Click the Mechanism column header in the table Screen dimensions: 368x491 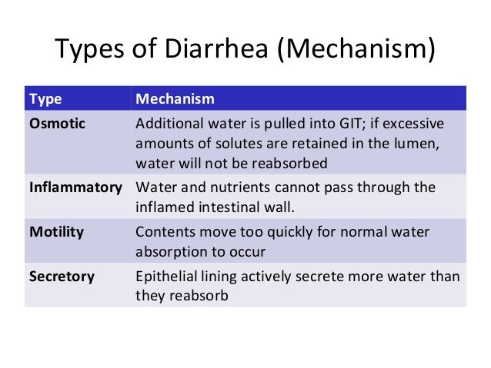click(175, 100)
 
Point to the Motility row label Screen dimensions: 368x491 click(54, 231)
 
